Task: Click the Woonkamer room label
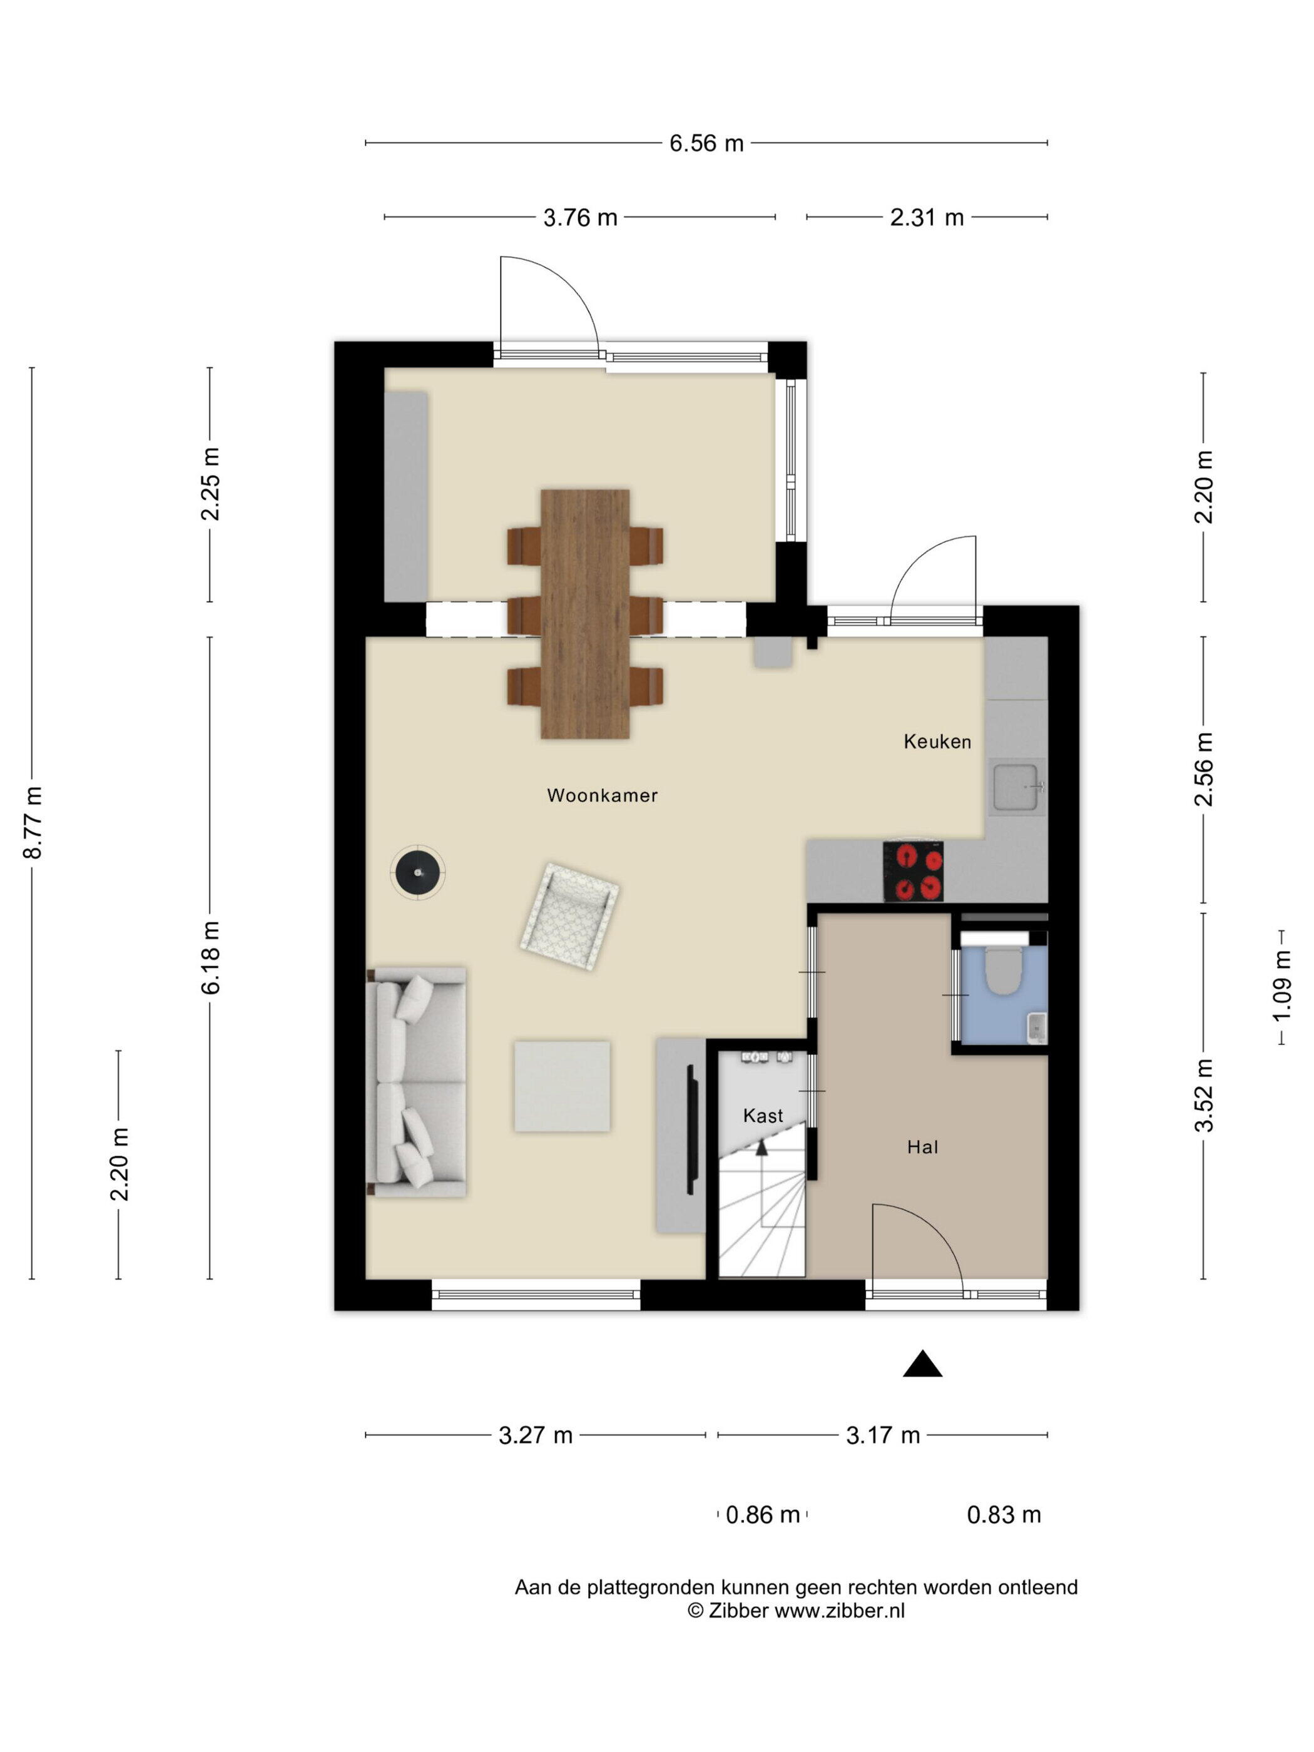pos(602,795)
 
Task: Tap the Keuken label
pos(937,741)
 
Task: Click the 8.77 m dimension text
pos(33,823)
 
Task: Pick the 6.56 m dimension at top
pos(706,143)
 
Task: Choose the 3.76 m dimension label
pos(580,217)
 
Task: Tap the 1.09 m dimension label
pos(1281,986)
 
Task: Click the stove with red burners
pos(913,871)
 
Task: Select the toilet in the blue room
pos(1004,971)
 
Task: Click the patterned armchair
pos(569,917)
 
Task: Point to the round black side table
pos(417,872)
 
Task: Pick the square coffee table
pos(561,1086)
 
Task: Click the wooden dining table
pos(585,614)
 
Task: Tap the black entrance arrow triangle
pos(923,1363)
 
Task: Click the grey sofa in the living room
pos(417,1081)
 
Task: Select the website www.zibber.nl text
pos(840,1610)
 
